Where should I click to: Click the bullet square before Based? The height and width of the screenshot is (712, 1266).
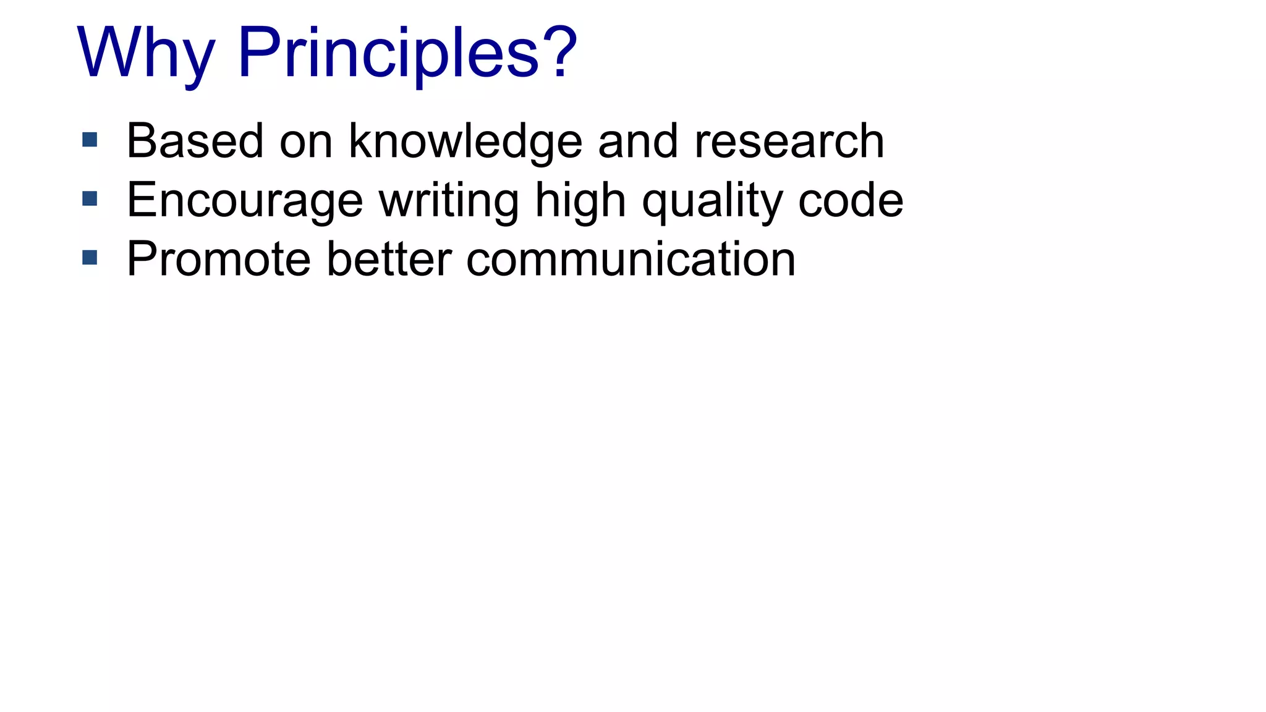point(90,140)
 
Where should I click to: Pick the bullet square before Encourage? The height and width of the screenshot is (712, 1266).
point(90,198)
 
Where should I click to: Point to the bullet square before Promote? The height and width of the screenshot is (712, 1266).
point(90,257)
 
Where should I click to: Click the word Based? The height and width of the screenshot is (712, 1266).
point(195,141)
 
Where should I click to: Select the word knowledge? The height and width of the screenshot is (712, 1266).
point(465,142)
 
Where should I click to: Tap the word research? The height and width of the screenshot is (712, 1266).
point(789,141)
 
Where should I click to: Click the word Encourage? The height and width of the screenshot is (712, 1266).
point(245,201)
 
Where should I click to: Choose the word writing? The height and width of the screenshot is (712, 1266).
point(449,201)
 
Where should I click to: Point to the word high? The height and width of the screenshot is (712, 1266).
point(580,201)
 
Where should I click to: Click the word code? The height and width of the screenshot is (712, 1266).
point(851,200)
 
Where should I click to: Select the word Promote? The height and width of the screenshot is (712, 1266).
point(218,259)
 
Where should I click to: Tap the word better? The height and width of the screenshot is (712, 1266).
point(389,259)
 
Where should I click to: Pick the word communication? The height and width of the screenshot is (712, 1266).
point(631,259)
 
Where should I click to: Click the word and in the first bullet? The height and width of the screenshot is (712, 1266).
point(638,141)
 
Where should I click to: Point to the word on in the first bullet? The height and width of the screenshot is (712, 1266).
point(306,142)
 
